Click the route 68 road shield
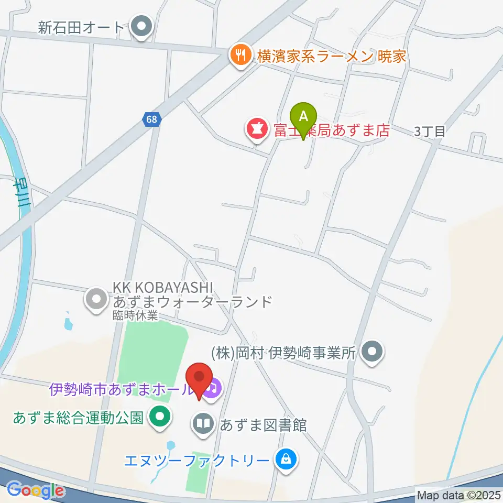[151, 119]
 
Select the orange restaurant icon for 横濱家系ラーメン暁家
[240, 56]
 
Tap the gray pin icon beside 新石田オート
[141, 27]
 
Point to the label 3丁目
[430, 132]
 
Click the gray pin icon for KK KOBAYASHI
[96, 300]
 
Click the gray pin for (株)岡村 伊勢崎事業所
[373, 352]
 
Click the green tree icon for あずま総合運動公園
[159, 418]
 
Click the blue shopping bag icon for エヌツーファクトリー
[286, 461]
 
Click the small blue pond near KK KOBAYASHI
[68, 323]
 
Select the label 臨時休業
[135, 315]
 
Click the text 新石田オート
[81, 27]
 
